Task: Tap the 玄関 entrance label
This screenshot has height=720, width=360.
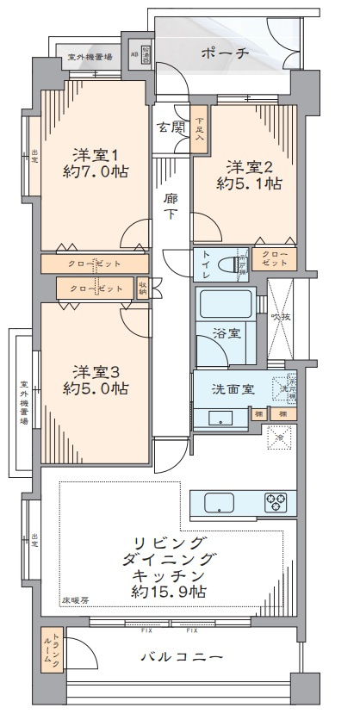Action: (169, 128)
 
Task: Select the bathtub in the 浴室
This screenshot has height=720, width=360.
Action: (225, 306)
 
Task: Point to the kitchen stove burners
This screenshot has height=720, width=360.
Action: (275, 500)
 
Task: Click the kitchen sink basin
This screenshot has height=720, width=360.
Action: (214, 501)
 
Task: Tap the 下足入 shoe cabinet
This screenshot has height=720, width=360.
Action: (199, 130)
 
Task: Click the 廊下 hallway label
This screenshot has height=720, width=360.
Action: (171, 204)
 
